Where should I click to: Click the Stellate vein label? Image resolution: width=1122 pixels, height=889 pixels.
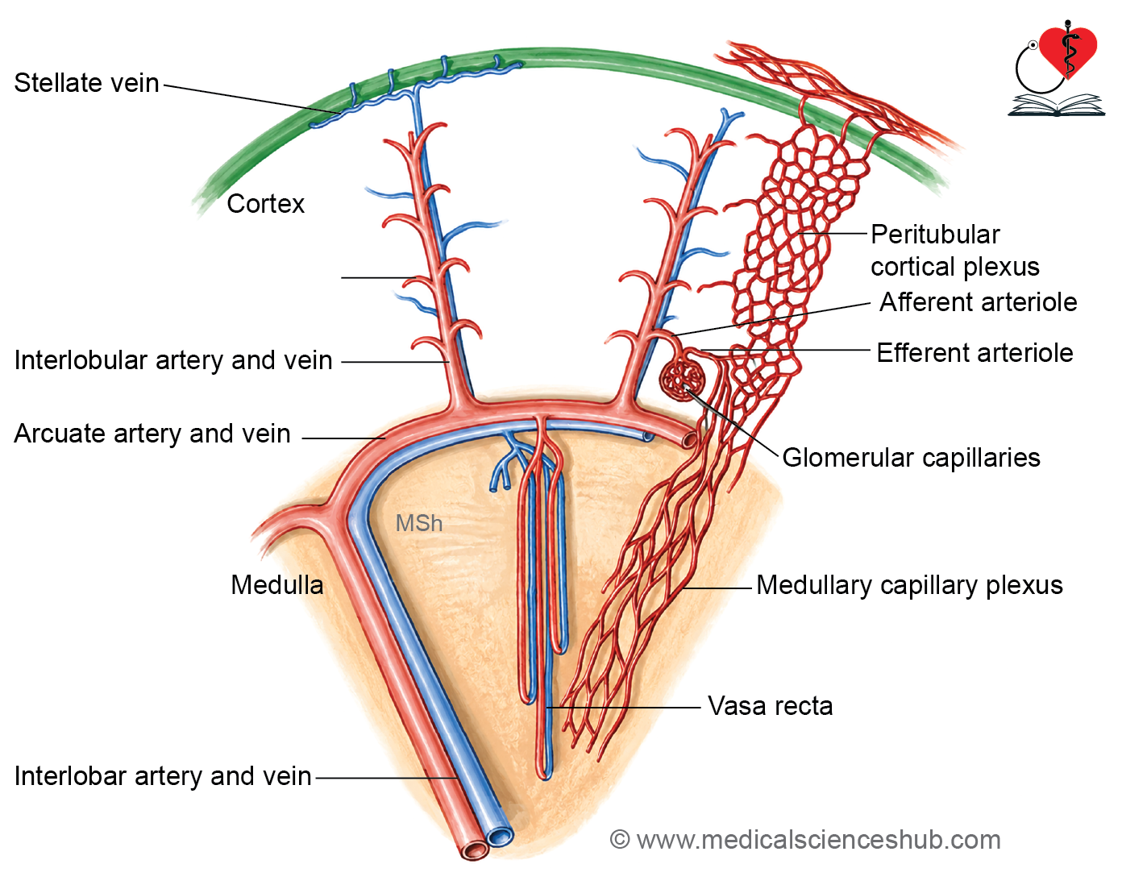pos(86,83)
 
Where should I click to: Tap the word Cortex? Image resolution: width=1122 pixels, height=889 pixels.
pos(265,204)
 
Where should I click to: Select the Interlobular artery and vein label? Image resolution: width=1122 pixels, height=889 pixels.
pos(173,360)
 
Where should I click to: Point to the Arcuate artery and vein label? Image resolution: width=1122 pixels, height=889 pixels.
pos(152,434)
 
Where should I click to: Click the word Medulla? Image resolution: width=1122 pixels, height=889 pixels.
pos(276,585)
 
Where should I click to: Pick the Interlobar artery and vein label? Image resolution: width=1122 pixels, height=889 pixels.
pos(163,776)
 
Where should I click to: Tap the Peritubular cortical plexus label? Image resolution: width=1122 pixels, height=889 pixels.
pos(955,251)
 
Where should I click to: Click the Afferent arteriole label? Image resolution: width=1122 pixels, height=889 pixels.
pos(978,302)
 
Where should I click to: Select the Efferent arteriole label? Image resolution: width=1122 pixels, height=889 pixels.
pos(975,353)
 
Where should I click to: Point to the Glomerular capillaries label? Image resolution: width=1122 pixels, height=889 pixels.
pos(912,458)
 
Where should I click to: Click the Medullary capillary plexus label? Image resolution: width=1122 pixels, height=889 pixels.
pos(909,585)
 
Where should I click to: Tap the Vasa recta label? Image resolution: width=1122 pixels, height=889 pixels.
pos(770,706)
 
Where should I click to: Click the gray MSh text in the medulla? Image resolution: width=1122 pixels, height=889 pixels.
pos(419,524)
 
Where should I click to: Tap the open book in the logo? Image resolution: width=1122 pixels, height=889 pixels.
pos(1056,105)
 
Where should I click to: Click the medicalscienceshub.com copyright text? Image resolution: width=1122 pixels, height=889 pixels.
pos(805,840)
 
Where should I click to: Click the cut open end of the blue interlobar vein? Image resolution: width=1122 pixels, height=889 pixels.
pos(500,837)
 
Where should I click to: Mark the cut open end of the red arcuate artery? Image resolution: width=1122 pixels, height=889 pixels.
pos(689,439)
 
